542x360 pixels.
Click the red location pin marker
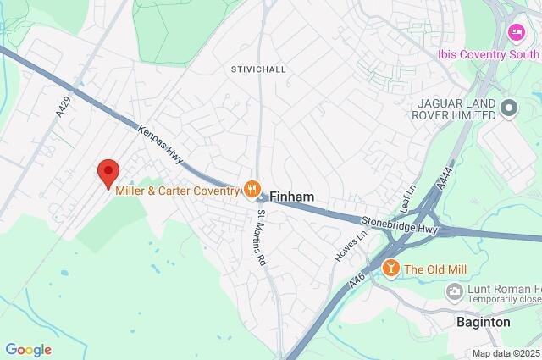(x=108, y=172)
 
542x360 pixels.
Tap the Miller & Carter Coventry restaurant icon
(x=251, y=189)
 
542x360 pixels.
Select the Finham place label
(x=292, y=197)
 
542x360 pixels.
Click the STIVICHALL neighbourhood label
(x=258, y=69)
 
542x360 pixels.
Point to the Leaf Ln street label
(x=409, y=201)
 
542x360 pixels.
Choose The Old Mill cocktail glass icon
(x=390, y=269)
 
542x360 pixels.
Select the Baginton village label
(x=483, y=323)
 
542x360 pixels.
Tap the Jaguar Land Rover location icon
(x=509, y=108)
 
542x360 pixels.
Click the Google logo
(x=28, y=349)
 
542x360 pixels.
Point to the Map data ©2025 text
(x=505, y=353)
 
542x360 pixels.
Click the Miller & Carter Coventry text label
(x=179, y=190)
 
